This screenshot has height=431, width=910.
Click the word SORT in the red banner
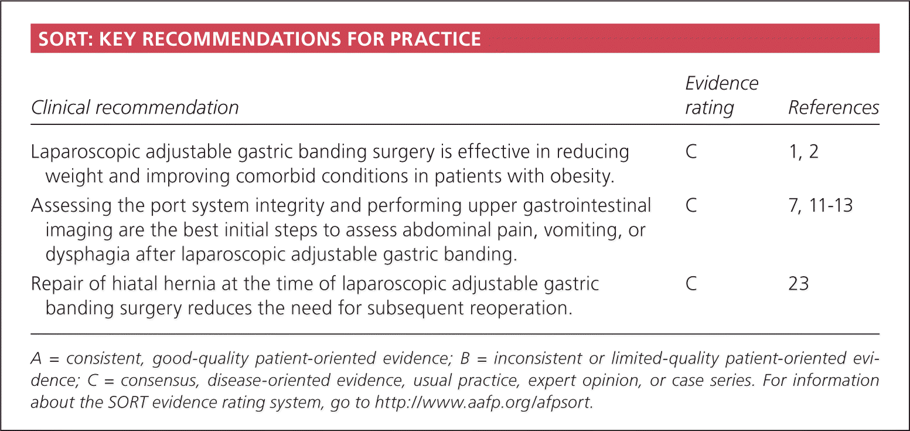[64, 39]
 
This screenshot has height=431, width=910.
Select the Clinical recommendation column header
[135, 108]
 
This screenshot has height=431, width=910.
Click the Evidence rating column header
[721, 96]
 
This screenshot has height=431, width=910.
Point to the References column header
[834, 108]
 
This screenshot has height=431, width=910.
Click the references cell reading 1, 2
[803, 152]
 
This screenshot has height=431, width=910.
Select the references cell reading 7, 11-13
[820, 205]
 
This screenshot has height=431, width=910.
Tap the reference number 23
[799, 284]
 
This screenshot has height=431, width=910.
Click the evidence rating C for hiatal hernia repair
[691, 284]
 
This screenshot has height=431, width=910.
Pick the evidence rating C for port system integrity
[691, 205]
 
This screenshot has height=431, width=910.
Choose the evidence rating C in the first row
[691, 152]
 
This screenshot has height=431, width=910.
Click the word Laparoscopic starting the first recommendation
[86, 152]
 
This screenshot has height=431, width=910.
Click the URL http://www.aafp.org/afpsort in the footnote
[484, 402]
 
